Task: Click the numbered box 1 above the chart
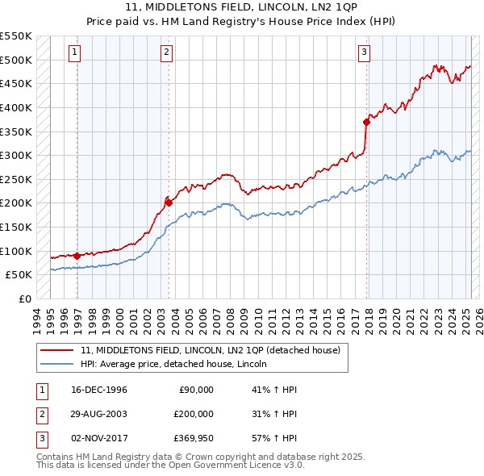pyautogui.click(x=74, y=53)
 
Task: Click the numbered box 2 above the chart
pyautogui.click(x=165, y=53)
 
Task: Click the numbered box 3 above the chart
pyautogui.click(x=364, y=53)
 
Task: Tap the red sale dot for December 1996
pyautogui.click(x=77, y=256)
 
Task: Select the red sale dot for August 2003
pyautogui.click(x=169, y=203)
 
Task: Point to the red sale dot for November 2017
pyautogui.click(x=366, y=122)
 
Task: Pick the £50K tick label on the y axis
pyautogui.click(x=19, y=275)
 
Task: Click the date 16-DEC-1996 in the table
pyautogui.click(x=99, y=390)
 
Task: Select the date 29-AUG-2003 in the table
pyautogui.click(x=99, y=414)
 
